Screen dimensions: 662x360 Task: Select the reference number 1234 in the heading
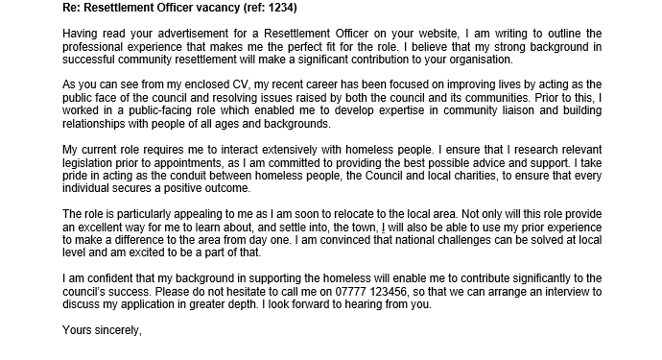(x=256, y=9)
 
